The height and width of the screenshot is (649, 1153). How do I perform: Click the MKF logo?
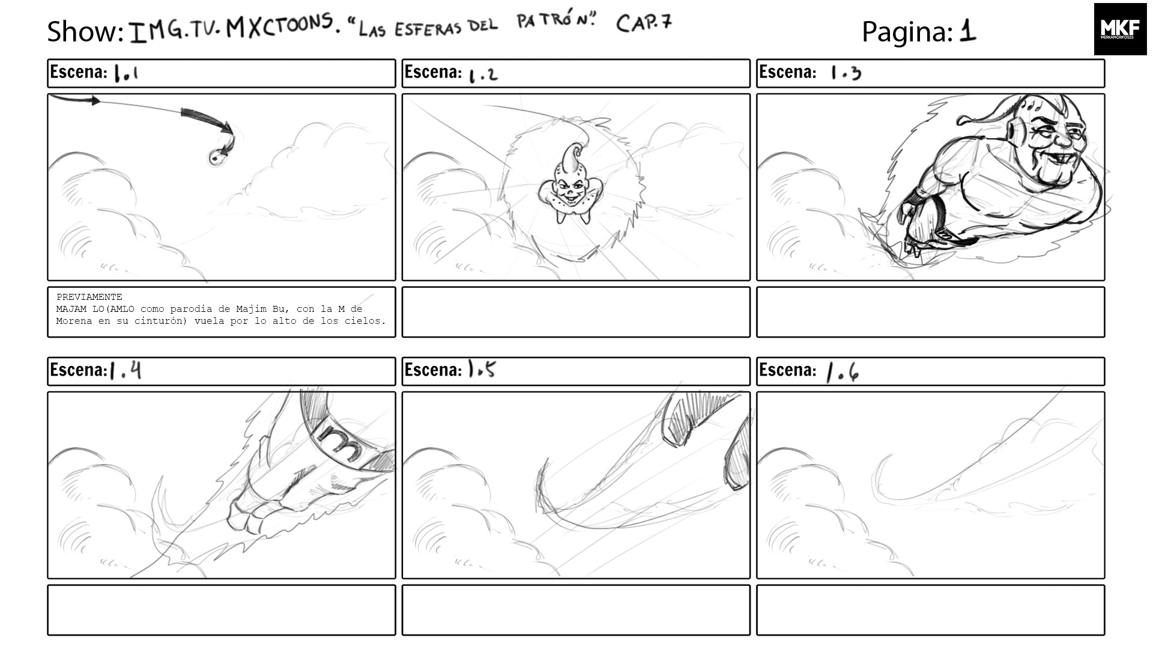pos(1120,29)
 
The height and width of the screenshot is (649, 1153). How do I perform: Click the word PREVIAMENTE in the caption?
pos(89,297)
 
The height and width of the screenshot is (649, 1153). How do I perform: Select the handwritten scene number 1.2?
pos(483,75)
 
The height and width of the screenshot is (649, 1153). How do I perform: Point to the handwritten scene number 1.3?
pos(846,73)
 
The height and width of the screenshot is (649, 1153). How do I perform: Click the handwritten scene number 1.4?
pos(126,370)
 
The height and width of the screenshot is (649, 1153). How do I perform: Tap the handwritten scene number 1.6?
pos(843,372)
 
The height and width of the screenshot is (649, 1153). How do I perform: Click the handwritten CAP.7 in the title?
pos(644,23)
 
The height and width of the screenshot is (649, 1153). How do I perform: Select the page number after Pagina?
pos(967,31)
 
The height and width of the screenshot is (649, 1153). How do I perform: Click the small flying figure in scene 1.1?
pos(217,157)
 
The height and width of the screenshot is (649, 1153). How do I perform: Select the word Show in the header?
pos(85,31)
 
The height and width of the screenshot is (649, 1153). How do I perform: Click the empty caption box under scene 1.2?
pos(575,312)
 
